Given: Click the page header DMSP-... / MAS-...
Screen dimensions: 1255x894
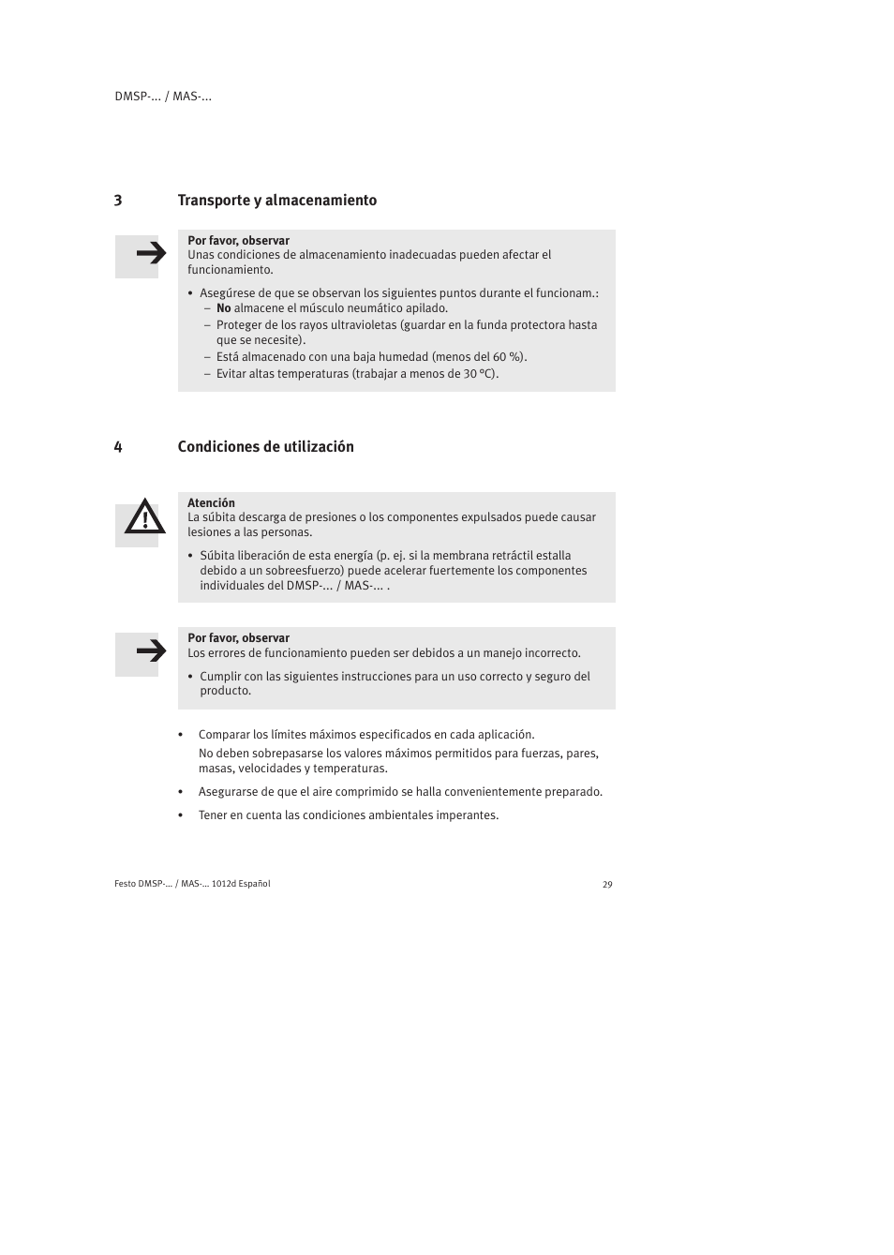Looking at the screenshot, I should [x=163, y=97].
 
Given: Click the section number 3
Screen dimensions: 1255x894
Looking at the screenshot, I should [x=118, y=201].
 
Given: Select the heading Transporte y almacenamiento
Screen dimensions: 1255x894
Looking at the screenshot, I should [x=277, y=201].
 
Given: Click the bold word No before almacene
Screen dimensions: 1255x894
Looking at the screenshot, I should [x=223, y=308].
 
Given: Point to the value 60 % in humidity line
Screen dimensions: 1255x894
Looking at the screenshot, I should [x=507, y=357].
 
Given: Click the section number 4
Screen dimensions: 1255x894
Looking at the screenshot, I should [x=118, y=447].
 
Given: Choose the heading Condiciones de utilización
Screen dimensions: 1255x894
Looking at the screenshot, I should [x=266, y=447].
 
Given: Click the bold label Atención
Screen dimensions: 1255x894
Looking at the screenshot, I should [x=211, y=503].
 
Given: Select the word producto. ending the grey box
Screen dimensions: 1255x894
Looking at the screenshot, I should [x=225, y=692].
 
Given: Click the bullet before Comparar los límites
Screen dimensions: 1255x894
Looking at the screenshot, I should [x=181, y=736].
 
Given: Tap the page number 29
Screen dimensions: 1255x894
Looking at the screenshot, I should [x=607, y=885].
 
